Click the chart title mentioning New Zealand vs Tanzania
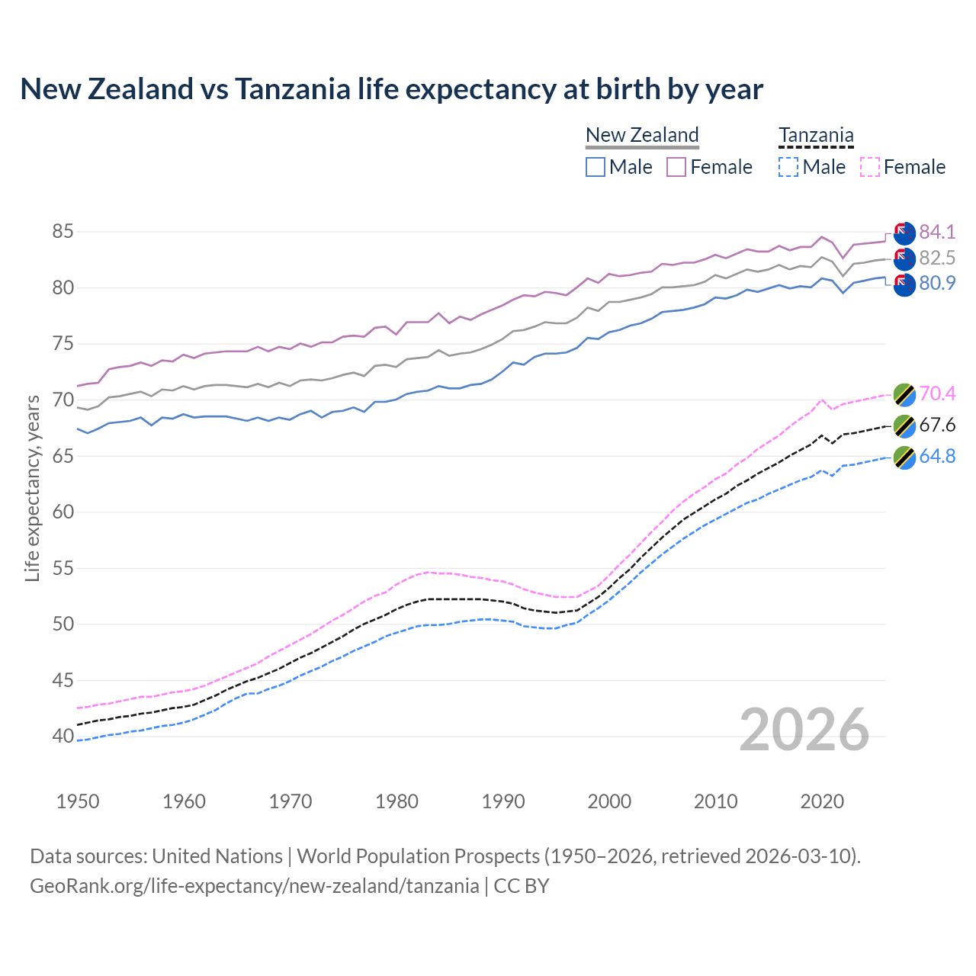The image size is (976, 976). click(391, 89)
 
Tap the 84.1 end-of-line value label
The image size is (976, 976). click(937, 232)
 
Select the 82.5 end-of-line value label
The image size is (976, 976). click(937, 258)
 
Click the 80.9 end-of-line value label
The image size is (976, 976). click(937, 283)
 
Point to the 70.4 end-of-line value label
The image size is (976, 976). click(937, 393)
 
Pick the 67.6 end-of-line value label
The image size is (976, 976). click(937, 425)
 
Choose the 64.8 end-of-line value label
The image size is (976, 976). click(937, 456)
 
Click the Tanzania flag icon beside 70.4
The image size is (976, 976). click(904, 395)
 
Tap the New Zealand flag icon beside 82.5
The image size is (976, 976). click(904, 259)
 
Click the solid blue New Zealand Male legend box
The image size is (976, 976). click(596, 167)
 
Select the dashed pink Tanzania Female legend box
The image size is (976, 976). click(870, 167)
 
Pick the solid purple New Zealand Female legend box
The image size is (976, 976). click(676, 167)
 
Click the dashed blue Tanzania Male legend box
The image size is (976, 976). click(788, 167)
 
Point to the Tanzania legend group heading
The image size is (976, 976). click(816, 136)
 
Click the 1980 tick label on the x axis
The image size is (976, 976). click(396, 801)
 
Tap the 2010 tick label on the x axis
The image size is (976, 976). click(715, 801)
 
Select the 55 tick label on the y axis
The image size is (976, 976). click(63, 568)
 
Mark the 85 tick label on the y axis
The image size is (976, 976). click(63, 232)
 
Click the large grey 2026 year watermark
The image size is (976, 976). click(804, 730)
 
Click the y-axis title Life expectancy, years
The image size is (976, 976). click(33, 488)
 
